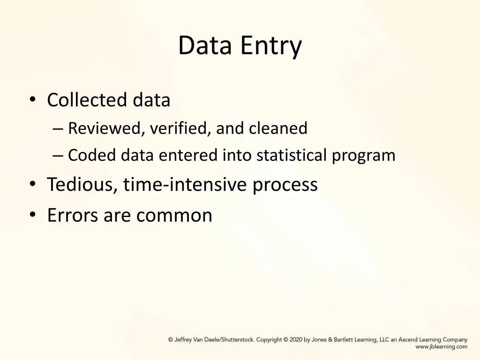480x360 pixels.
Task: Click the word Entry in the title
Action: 271,46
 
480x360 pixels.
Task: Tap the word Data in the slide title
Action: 205,45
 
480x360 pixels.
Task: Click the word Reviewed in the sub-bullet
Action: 106,128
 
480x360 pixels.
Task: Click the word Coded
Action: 91,155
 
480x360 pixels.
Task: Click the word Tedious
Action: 82,185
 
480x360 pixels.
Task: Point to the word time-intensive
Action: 186,185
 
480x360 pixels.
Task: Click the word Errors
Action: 73,215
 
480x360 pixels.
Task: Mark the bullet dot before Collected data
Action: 32,100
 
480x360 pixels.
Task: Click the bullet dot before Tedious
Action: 32,185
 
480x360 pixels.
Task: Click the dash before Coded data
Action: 59,156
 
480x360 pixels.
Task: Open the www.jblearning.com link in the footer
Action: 441,347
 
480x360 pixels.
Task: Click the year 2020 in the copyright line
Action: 296,340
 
